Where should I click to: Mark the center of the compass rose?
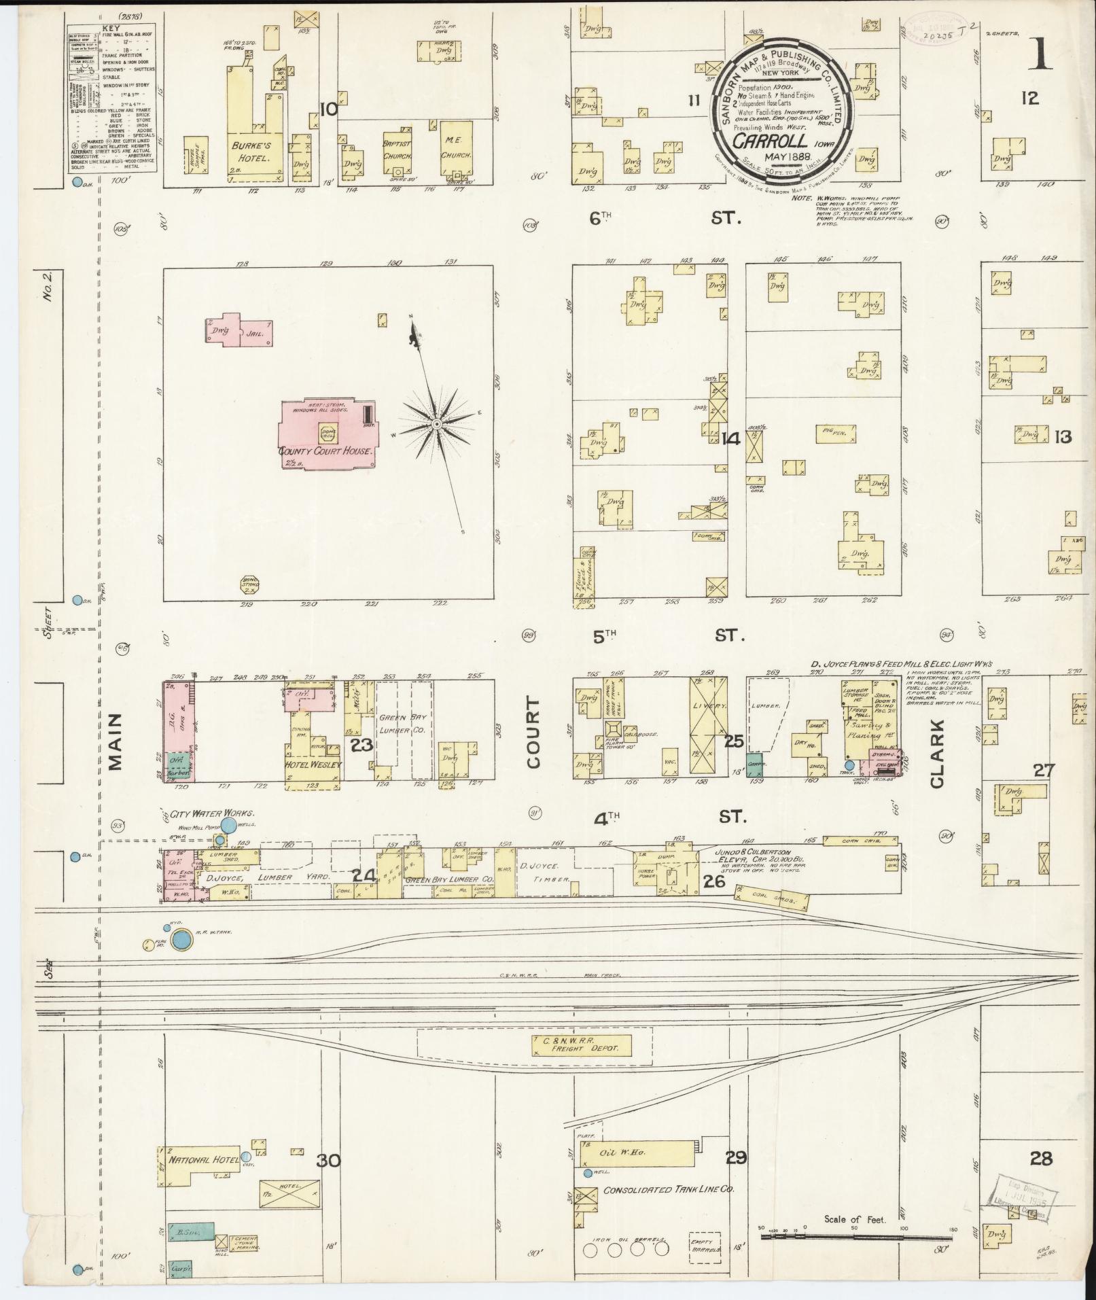437,424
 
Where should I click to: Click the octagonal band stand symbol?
250,583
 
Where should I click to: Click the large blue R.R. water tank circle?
181,940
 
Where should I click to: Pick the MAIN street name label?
115,742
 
